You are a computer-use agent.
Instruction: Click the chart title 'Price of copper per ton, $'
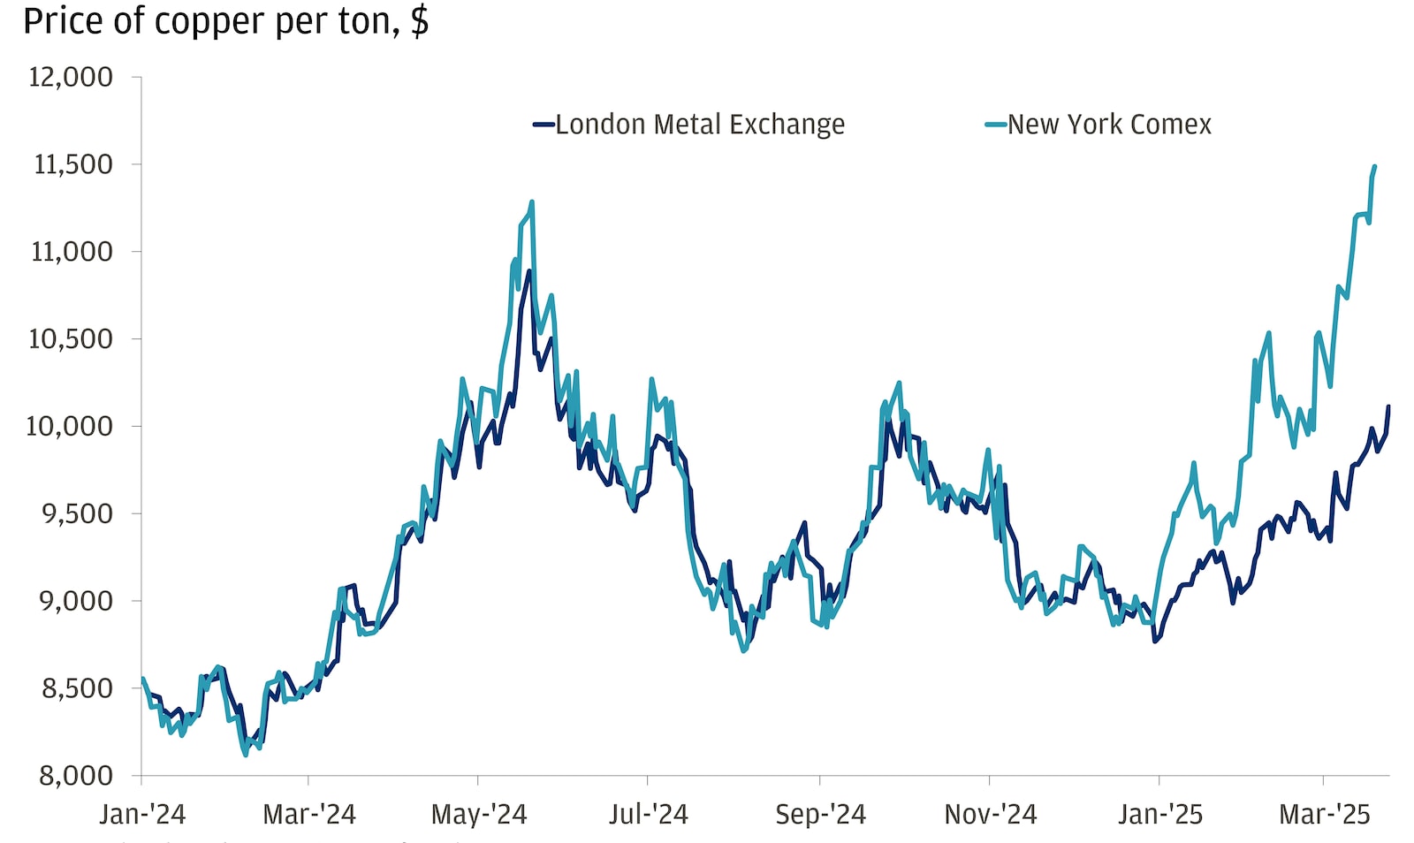coord(225,21)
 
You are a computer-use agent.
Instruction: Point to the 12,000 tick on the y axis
coord(71,78)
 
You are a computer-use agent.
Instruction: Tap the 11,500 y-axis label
coord(72,164)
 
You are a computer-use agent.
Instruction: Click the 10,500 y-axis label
coord(71,339)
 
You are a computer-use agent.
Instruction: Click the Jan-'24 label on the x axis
coord(142,814)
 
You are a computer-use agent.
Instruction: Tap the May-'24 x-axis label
coord(478,814)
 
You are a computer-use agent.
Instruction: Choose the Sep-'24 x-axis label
coord(820,814)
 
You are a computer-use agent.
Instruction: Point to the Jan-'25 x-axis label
coord(1159,814)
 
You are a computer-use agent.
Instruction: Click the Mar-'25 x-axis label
coord(1324,814)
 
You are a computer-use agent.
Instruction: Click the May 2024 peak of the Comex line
coord(531,202)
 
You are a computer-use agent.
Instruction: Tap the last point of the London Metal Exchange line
coord(1387,407)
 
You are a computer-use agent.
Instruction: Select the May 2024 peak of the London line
coord(528,271)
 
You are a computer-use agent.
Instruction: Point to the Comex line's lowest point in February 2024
coord(245,754)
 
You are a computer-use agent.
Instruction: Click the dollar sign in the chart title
coord(420,21)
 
